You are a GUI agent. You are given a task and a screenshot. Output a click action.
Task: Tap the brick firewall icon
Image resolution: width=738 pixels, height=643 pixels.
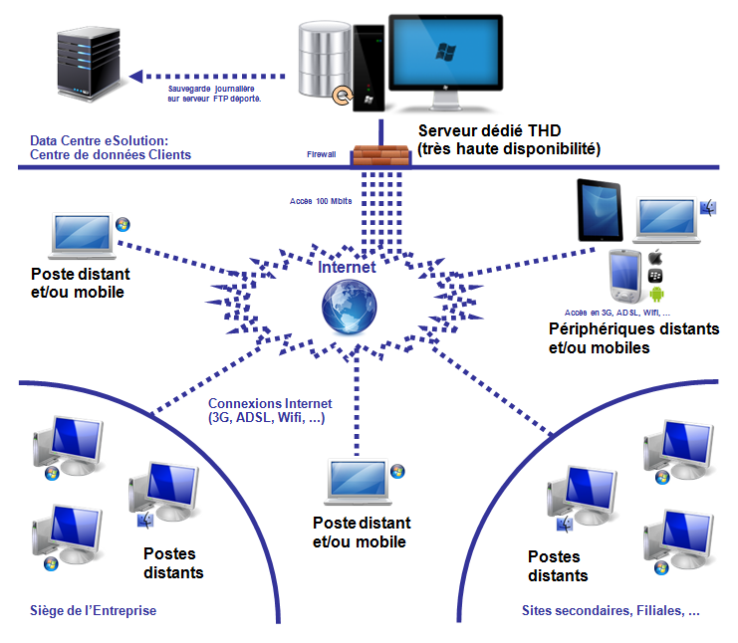click(x=382, y=156)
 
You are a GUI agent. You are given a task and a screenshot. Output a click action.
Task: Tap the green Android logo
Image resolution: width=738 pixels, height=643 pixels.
click(x=656, y=294)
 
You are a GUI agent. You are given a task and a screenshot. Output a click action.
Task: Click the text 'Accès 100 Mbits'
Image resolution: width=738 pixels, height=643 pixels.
click(x=320, y=200)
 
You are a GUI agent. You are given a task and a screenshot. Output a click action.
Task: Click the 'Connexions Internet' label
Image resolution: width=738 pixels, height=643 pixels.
click(x=270, y=404)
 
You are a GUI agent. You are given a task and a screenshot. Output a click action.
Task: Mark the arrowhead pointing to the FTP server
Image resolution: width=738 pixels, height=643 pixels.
click(x=139, y=75)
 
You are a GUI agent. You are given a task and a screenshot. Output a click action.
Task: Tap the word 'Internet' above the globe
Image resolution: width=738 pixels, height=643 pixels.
click(x=347, y=268)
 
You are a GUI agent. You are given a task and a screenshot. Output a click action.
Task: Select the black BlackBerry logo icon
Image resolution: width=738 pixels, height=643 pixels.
click(x=656, y=275)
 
